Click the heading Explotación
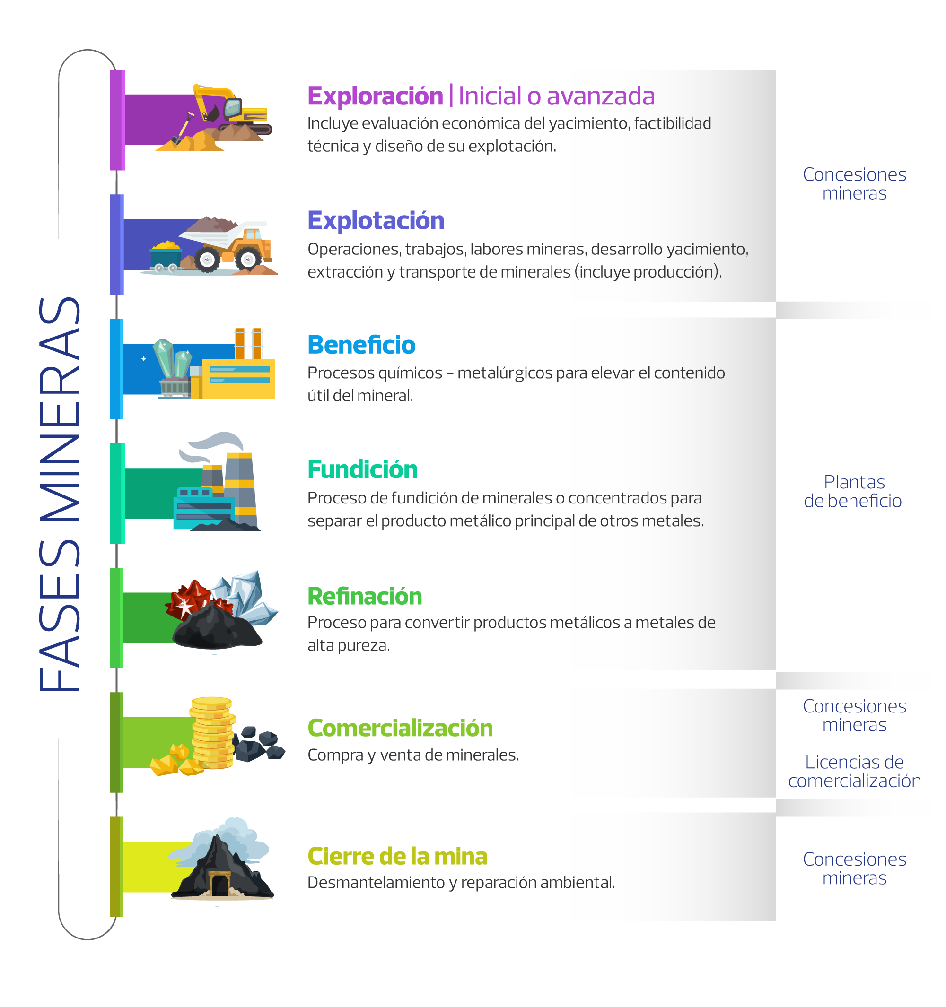click(376, 221)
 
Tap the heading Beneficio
click(361, 345)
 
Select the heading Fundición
click(362, 469)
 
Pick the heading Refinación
click(365, 596)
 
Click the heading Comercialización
click(400, 728)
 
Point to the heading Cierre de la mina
click(397, 857)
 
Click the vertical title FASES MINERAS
click(60, 494)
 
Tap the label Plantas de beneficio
click(853, 491)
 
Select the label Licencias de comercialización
click(854, 772)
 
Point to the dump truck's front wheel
click(248, 260)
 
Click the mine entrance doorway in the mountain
click(219, 884)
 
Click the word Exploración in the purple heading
click(375, 96)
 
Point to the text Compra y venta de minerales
click(413, 755)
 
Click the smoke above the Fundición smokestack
click(213, 444)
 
